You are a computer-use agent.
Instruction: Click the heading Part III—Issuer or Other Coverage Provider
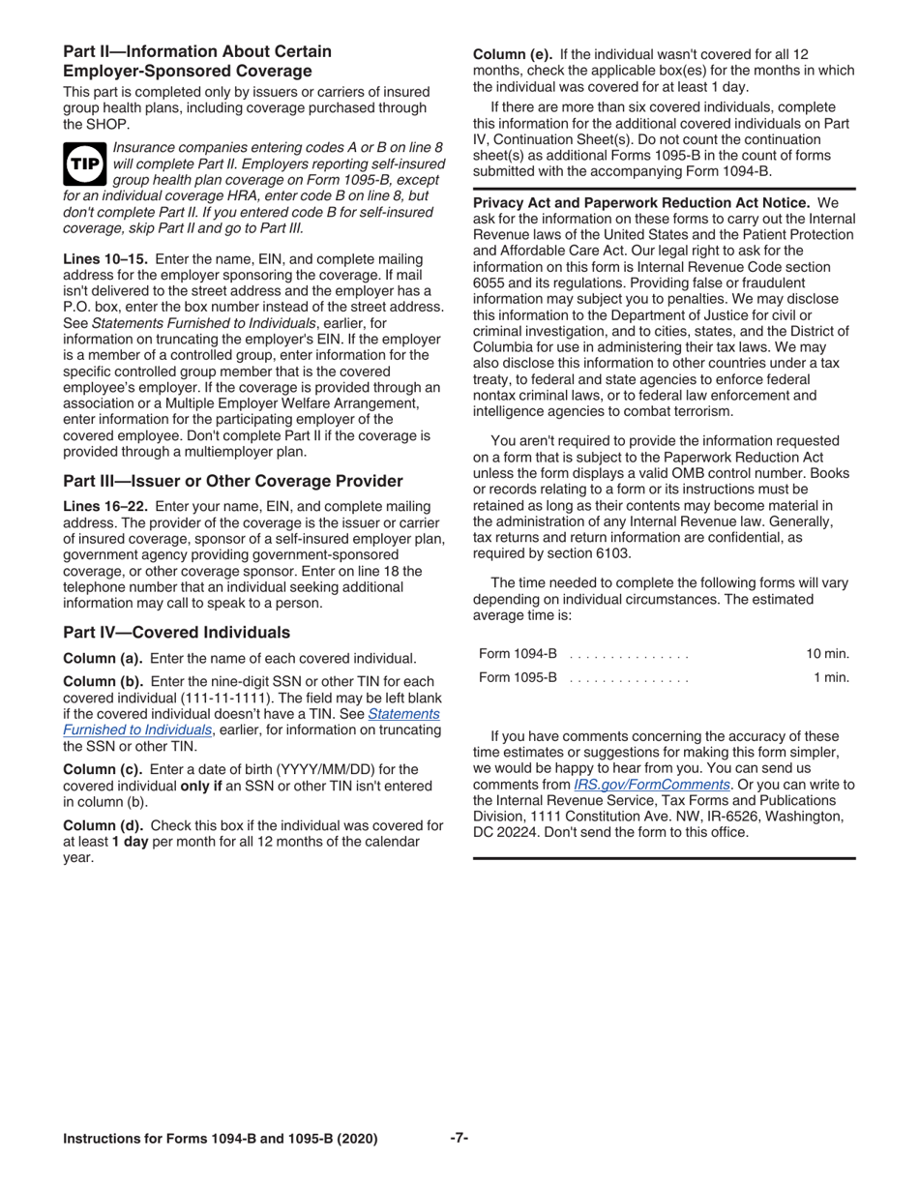(232, 481)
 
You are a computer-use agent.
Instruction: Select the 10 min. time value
(827, 655)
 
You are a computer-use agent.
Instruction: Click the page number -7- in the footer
(459, 1138)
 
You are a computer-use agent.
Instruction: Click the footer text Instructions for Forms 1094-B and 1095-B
(220, 1139)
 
